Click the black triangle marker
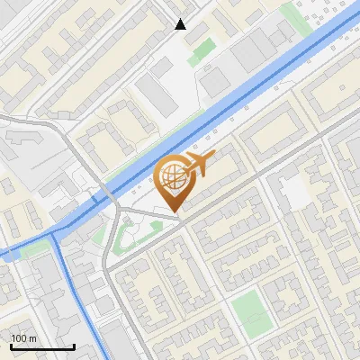(x=181, y=24)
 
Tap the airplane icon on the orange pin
(x=200, y=163)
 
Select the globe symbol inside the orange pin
(x=171, y=177)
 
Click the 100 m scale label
(x=24, y=338)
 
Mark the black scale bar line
(x=42, y=347)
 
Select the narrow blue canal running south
(x=76, y=297)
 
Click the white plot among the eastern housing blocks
(x=295, y=190)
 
